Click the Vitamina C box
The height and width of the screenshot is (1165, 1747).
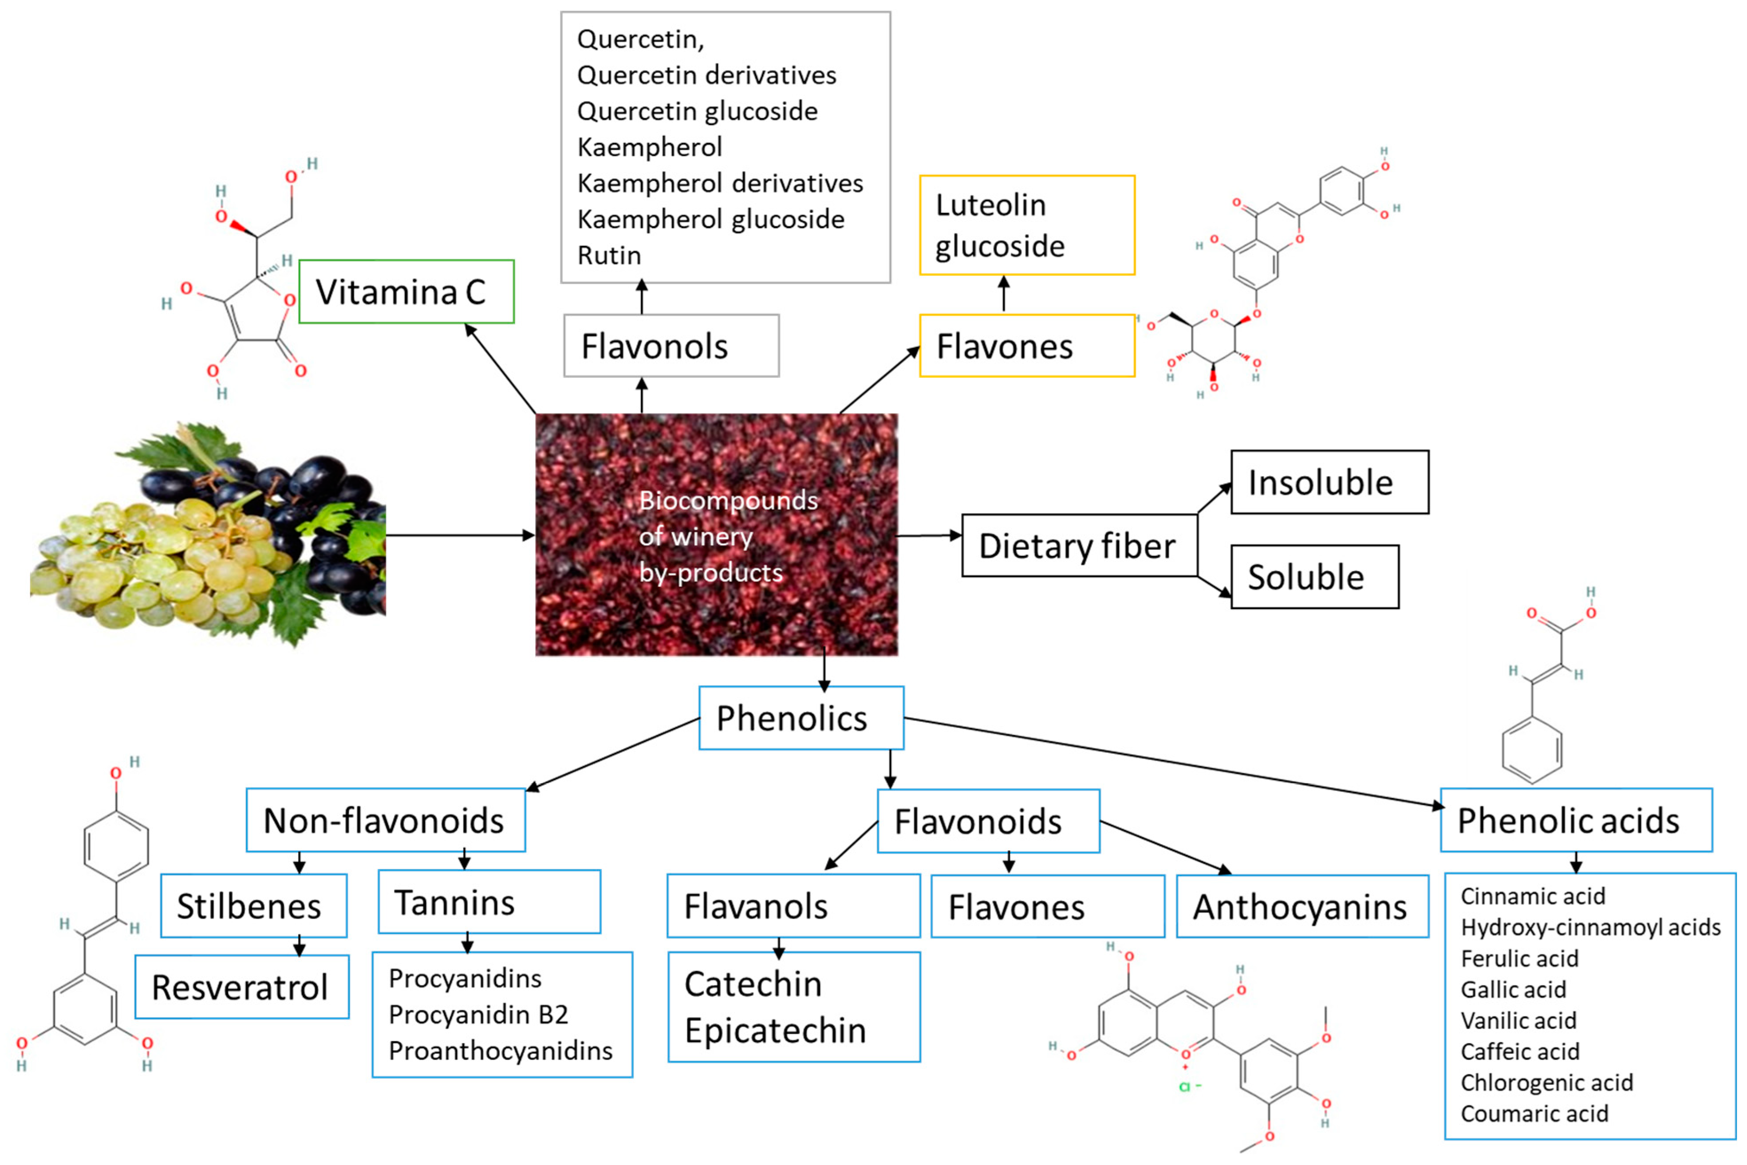[x=406, y=291]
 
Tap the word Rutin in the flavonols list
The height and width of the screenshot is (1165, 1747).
[x=609, y=255]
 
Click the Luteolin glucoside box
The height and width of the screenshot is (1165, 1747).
[x=1026, y=225]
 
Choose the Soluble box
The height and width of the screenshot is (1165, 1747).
[x=1314, y=577]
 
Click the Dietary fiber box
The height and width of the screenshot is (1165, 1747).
[x=1078, y=545]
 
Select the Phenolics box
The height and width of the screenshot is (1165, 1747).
[x=801, y=718]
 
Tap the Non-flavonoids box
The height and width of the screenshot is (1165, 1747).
[x=385, y=820]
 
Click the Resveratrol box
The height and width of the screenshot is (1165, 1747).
[x=241, y=987]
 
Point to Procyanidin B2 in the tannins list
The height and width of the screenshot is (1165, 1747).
[x=478, y=1014]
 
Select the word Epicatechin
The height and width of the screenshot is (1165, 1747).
[x=775, y=1031]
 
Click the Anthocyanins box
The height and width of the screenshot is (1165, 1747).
[x=1301, y=906]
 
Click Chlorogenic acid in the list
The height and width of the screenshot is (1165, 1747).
[x=1546, y=1082]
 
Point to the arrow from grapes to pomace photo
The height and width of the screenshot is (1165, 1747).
[x=461, y=535]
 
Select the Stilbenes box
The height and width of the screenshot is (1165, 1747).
[x=252, y=906]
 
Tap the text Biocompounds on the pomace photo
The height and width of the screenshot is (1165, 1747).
[x=727, y=500]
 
